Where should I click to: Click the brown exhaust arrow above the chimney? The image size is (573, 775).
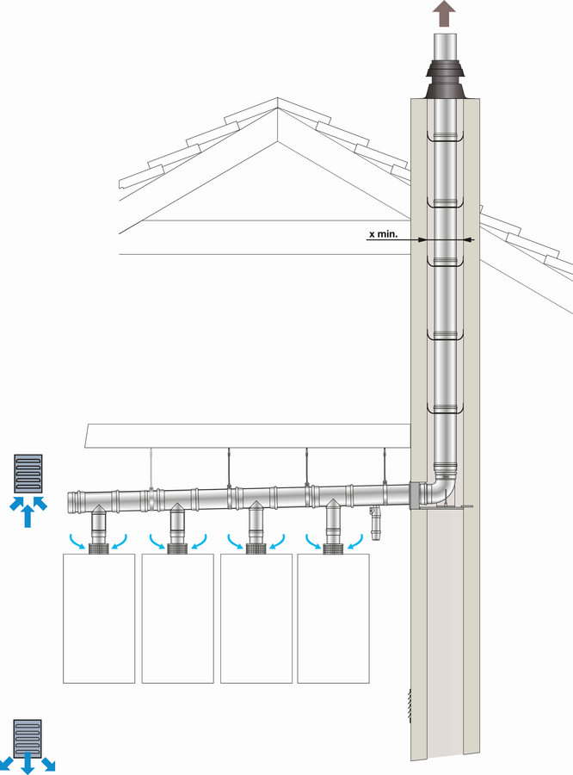[x=445, y=13]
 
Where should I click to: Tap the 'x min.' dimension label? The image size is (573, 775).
[x=384, y=233]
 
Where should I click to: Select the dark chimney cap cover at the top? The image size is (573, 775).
[x=445, y=79]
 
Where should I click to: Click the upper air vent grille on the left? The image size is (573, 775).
[x=28, y=474]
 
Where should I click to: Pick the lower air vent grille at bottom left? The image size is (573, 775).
[x=28, y=736]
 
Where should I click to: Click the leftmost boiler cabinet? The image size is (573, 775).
[x=99, y=618]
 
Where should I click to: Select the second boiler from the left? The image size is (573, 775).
[x=178, y=618]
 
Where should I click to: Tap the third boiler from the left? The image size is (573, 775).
[x=256, y=618]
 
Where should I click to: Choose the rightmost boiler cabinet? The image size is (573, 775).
[x=334, y=618]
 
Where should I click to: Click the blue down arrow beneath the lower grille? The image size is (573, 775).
[x=28, y=763]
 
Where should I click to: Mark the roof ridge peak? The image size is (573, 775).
[x=278, y=98]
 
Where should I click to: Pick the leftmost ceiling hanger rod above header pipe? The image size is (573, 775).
[x=151, y=468]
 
